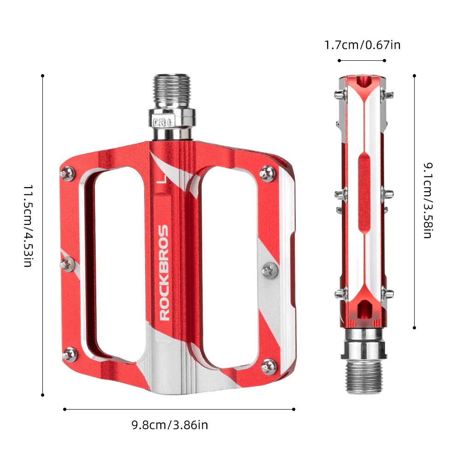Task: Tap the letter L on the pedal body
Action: (161, 178)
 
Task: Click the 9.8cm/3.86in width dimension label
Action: (170, 425)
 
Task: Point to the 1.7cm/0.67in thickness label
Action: (362, 45)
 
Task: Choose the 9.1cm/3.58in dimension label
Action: (428, 200)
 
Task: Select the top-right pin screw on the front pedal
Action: (267, 172)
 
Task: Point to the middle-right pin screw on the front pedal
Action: (269, 270)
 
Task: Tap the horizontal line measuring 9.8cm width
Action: (179, 409)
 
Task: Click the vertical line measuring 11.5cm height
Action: (43, 235)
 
